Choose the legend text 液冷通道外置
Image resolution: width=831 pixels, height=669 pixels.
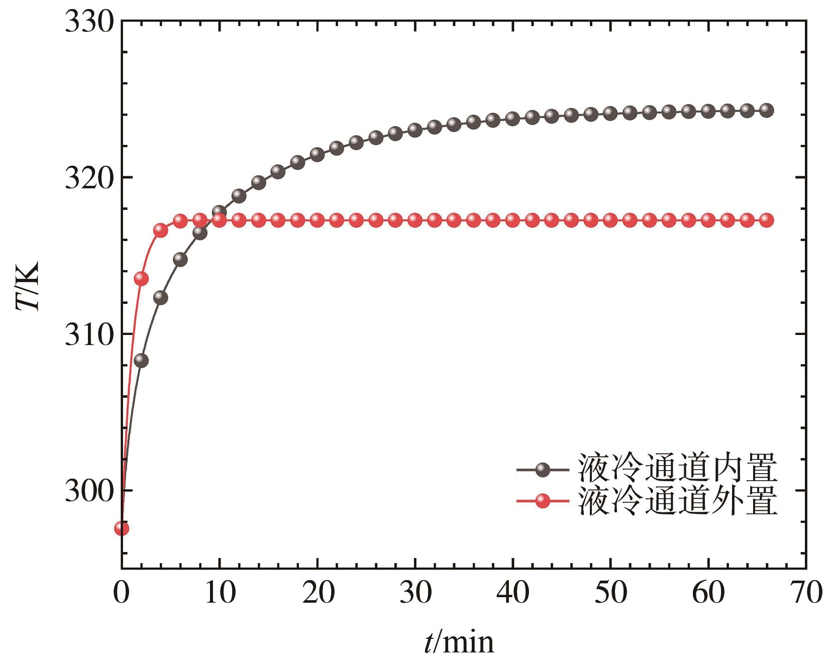678,500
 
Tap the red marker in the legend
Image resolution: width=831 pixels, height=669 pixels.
543,501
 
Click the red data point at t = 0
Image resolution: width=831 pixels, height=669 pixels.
122,528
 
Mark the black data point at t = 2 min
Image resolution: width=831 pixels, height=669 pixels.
141,360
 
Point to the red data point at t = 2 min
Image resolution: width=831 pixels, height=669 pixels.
141,279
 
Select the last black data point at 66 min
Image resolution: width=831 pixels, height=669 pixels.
767,110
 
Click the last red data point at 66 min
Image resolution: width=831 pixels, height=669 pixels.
767,220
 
